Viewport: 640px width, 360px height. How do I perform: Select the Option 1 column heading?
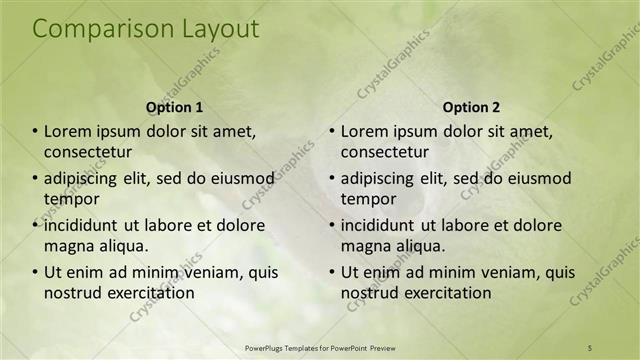174,106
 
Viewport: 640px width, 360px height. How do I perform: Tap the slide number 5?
590,347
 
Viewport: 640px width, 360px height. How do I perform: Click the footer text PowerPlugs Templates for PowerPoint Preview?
320,347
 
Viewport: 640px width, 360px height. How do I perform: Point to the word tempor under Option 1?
71,198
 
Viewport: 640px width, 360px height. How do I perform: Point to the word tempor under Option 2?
368,198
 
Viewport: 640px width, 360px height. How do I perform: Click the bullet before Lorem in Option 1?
36,131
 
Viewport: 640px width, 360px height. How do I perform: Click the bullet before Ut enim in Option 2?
332,272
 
